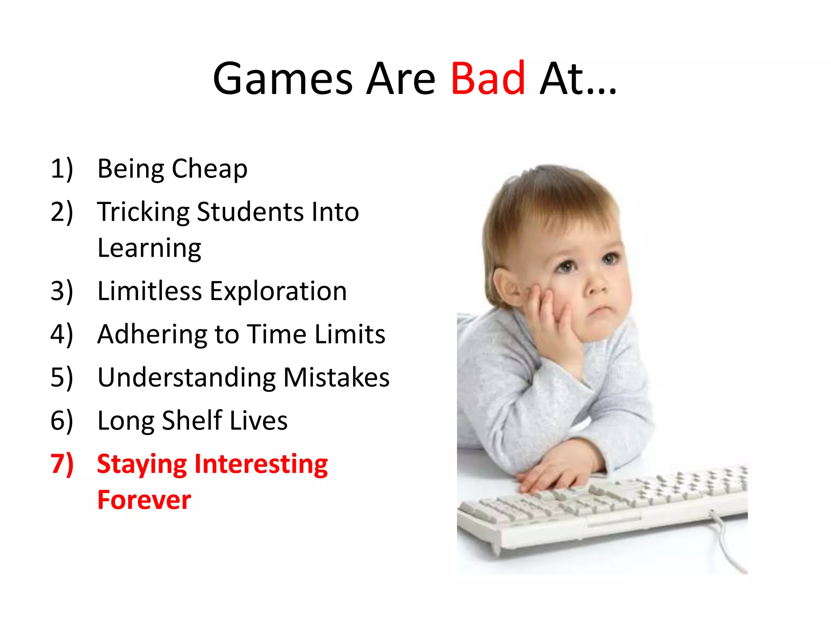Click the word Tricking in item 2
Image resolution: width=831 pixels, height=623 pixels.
click(x=143, y=213)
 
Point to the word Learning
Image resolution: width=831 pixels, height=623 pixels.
click(x=149, y=249)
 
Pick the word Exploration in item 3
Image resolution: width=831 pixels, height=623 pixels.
click(x=278, y=291)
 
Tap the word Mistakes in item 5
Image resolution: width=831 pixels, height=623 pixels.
click(x=336, y=378)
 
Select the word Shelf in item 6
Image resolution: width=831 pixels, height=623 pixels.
click(x=192, y=420)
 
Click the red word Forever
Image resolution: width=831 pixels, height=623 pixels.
click(x=144, y=500)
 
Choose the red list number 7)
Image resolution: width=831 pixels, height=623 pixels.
click(x=62, y=464)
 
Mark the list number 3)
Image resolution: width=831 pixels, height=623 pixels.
click(x=62, y=291)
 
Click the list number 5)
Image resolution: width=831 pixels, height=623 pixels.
click(x=62, y=378)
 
